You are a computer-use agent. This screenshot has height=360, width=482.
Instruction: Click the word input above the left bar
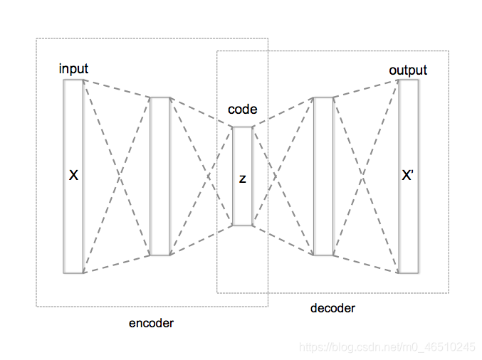tap(73, 69)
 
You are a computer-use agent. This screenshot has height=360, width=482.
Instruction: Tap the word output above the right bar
tap(408, 70)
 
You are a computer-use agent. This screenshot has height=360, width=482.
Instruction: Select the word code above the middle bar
tap(242, 110)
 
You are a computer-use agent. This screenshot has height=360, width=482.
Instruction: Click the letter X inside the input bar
tap(73, 175)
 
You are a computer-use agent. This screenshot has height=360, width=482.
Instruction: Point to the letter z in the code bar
tap(242, 179)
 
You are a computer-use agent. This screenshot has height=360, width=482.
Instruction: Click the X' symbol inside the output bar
tap(408, 175)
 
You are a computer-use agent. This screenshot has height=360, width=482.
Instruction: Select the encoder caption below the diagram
tap(151, 323)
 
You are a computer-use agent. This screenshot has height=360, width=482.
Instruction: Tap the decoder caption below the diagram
tap(332, 308)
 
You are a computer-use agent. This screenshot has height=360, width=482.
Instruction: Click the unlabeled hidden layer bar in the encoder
tap(160, 176)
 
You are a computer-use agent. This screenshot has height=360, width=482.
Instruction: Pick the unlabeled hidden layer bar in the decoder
tap(323, 176)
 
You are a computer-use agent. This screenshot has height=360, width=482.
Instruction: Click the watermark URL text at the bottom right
tap(387, 347)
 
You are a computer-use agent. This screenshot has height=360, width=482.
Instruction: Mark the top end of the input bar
tap(73, 81)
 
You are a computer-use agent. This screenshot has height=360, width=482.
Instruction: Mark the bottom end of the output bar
tap(408, 271)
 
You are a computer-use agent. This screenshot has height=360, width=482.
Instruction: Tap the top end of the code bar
tap(242, 128)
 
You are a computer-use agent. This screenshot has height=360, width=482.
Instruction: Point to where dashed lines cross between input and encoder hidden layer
tap(117, 176)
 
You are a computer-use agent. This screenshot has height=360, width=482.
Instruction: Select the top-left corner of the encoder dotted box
tap(37, 38)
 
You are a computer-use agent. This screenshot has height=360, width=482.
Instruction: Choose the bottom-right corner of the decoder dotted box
tap(449, 292)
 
